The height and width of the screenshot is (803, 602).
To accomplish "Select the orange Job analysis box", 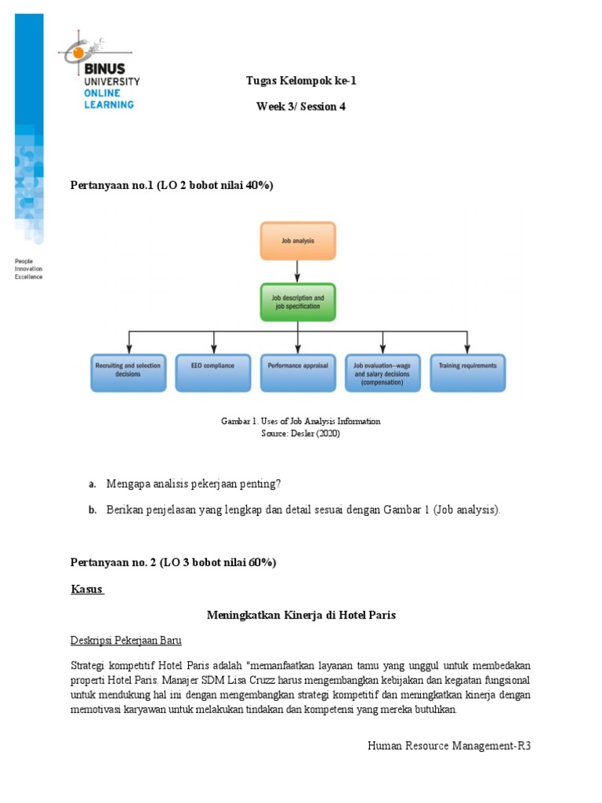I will point(298,241).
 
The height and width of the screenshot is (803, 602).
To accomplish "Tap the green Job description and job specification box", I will point(298,302).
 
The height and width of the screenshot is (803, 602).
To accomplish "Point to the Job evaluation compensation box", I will point(383,372).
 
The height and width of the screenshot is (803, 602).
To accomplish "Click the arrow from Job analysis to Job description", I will point(298,271).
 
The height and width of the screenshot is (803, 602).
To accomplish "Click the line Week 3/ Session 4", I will point(301,107).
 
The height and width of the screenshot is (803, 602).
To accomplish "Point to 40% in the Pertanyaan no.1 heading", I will point(258,185).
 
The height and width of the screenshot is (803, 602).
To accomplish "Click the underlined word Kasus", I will point(86,589).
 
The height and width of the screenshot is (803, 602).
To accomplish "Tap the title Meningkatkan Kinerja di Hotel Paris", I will point(301,616).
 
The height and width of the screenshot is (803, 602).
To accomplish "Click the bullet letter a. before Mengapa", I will point(92,484).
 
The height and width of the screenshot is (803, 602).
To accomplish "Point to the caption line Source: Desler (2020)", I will point(301,434).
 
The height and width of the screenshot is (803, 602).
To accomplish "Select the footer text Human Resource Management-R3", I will point(449,746).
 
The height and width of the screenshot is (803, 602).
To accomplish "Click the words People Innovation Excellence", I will point(29,269).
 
